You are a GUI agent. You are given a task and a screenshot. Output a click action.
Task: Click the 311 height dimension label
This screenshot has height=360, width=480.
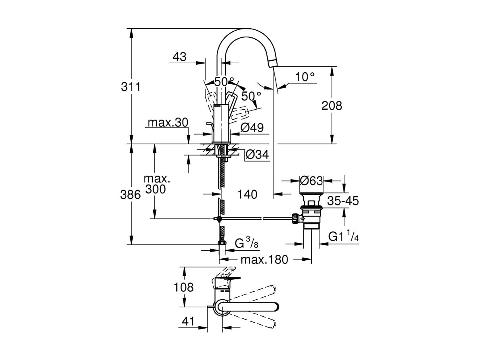(131, 86)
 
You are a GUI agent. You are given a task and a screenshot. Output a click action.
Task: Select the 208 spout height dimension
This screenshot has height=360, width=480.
(332, 106)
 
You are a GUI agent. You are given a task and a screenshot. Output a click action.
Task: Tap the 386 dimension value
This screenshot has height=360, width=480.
(131, 195)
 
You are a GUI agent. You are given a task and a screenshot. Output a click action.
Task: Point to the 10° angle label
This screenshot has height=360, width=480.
(305, 77)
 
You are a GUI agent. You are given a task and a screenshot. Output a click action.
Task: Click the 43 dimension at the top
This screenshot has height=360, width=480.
(179, 57)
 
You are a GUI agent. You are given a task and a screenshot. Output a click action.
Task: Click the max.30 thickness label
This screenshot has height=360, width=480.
(168, 123)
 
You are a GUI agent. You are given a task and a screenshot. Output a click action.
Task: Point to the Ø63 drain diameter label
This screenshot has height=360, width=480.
(311, 181)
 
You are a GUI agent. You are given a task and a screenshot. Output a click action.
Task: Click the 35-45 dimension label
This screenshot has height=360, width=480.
(343, 201)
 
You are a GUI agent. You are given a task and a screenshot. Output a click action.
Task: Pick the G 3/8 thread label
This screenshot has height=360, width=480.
(247, 243)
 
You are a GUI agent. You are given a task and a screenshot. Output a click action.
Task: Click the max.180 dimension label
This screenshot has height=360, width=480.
(264, 260)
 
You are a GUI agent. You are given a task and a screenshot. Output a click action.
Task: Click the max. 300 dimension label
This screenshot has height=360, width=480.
(155, 183)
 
